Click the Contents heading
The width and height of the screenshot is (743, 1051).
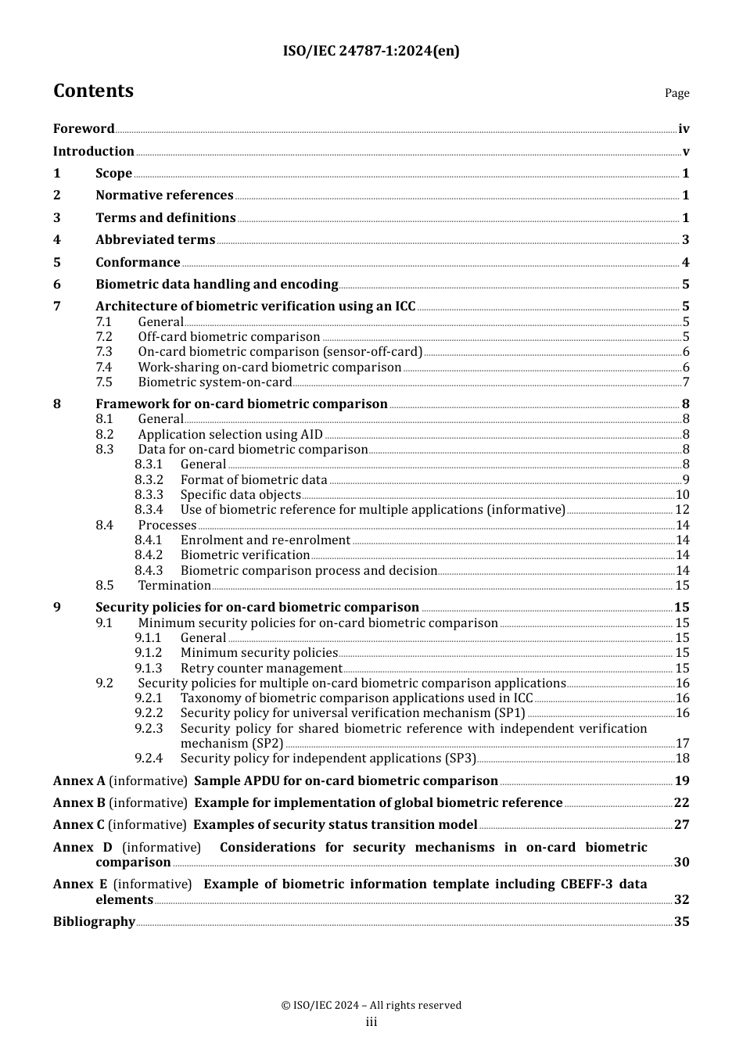point(93,91)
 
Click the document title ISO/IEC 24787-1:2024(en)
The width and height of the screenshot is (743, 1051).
point(371,51)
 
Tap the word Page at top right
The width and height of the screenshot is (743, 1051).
point(677,93)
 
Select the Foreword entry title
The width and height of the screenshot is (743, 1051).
point(84,128)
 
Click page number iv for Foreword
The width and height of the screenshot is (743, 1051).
point(684,129)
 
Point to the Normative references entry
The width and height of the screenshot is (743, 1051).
point(164,195)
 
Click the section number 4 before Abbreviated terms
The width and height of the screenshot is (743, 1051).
point(57,240)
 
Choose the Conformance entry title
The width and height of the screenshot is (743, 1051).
point(138,263)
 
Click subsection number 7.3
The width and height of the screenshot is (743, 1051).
point(104,352)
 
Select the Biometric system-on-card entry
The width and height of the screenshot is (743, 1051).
point(214,382)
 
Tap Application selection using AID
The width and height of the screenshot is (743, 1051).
point(230,435)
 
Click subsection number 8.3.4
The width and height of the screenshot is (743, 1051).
point(149,510)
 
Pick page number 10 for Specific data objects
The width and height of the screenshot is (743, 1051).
point(682,495)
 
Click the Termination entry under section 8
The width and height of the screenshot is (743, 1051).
point(174,586)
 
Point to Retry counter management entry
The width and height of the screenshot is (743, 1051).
point(261,669)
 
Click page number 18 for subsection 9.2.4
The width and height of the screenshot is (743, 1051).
point(682,759)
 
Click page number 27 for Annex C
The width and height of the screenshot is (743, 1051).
point(682,825)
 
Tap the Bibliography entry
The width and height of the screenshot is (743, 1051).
point(94,922)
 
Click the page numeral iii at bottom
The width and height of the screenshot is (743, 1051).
point(371,1022)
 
